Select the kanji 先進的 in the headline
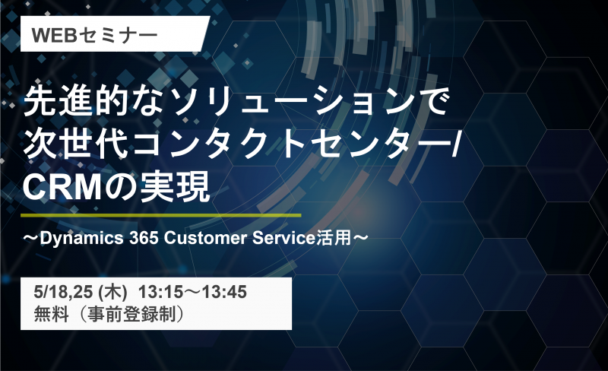pos(76,101)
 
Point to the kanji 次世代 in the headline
pos(76,144)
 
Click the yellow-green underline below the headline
pos(160,214)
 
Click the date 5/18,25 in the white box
pos(63,292)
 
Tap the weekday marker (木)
pos(112,292)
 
